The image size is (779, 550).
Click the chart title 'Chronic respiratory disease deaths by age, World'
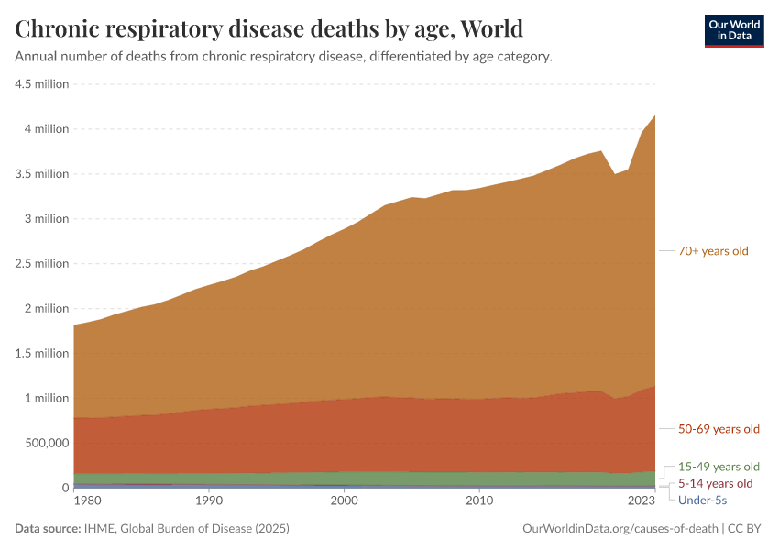tap(269, 28)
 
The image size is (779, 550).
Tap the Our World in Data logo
tap(733, 30)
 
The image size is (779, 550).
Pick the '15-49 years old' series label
tap(719, 466)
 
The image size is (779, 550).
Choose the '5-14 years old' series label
tap(715, 483)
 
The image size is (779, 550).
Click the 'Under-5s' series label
tap(702, 500)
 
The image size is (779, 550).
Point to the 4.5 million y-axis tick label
tap(43, 83)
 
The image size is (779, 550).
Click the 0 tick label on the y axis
tap(64, 488)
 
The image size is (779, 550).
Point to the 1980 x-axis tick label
tap(88, 501)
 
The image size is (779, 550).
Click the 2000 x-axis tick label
tap(344, 501)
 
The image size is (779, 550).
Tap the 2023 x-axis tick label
tap(642, 501)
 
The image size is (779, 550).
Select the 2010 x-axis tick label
tap(478, 501)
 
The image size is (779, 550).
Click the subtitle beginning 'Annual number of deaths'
tap(283, 56)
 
